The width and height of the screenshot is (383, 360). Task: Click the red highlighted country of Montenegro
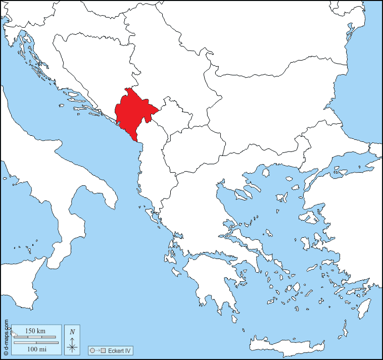click(x=132, y=112)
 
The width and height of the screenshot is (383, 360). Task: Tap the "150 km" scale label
click(x=35, y=331)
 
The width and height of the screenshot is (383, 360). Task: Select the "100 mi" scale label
click(x=35, y=349)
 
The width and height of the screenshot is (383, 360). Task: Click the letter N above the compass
click(x=73, y=332)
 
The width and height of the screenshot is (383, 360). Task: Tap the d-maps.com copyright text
click(x=6, y=337)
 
